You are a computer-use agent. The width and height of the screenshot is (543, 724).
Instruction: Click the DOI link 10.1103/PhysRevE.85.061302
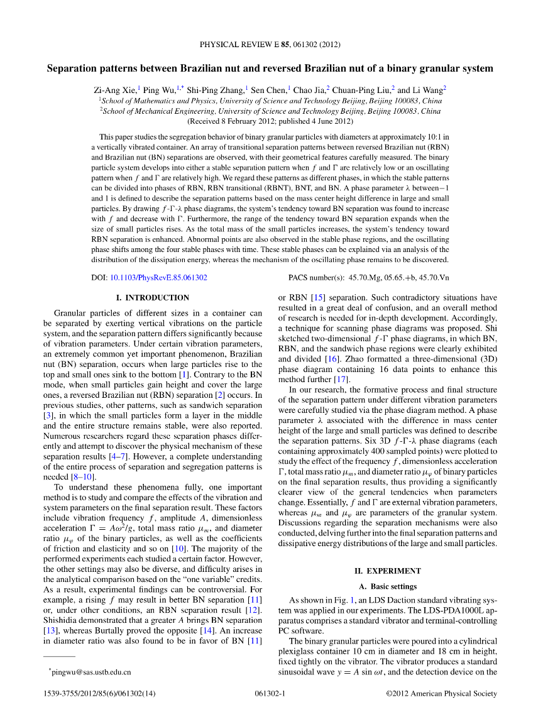[x=158, y=277]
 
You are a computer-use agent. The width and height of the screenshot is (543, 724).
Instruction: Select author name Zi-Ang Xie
[x=116, y=90]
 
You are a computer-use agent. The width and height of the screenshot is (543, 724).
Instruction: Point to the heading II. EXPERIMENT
[x=387, y=571]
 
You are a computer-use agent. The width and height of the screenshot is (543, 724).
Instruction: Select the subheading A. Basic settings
[x=387, y=587]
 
